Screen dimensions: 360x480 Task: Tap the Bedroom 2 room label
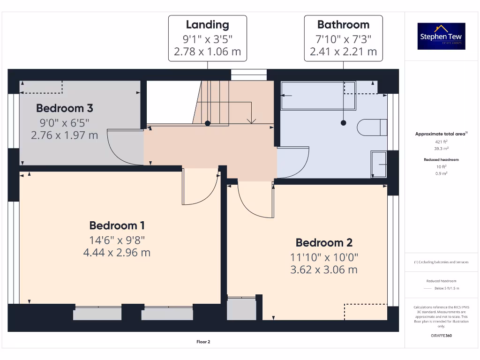tap(324, 242)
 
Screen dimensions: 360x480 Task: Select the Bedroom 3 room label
tap(65, 108)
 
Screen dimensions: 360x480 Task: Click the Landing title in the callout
tap(207, 25)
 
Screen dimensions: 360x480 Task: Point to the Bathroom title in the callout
tap(343, 25)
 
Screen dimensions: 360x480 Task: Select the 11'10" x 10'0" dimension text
tap(324, 257)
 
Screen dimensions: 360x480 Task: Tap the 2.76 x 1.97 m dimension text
tap(65, 135)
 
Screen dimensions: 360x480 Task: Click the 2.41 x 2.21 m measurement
tap(343, 52)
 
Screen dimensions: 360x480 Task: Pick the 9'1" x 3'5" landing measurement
tap(207, 38)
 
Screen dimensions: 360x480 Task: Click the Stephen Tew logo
tap(441, 36)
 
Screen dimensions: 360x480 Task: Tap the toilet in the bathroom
tap(372, 127)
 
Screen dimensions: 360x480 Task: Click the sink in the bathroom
tap(378, 165)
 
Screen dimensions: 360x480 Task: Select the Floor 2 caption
tap(203, 342)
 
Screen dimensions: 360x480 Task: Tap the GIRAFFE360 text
tap(441, 336)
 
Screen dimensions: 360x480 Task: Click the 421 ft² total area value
tap(441, 142)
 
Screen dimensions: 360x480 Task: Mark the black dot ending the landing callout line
tap(207, 123)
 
